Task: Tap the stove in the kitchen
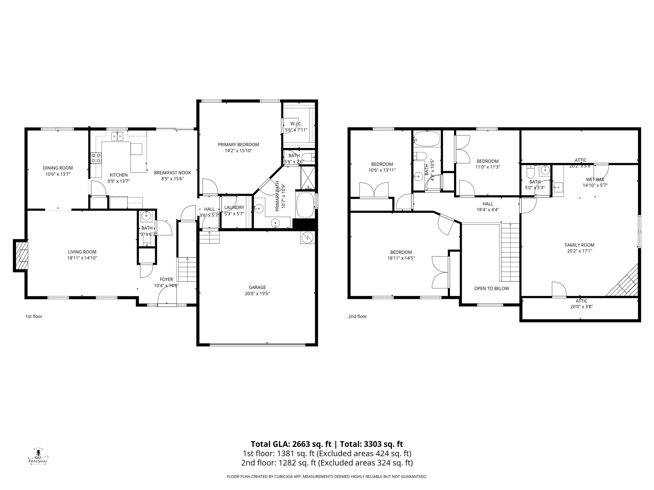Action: coord(96,158)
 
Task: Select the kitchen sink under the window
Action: coord(118,137)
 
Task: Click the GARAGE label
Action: coord(257,287)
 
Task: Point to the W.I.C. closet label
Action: coord(296,124)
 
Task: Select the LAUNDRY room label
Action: coord(234,208)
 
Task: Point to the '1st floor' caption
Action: coord(34,316)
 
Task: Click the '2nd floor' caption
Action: coord(357,316)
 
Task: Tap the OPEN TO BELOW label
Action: coord(491,288)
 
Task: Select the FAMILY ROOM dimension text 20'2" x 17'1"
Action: coord(580,251)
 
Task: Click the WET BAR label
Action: coord(595,180)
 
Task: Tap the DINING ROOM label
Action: coord(58,168)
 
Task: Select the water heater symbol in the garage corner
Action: coord(308,238)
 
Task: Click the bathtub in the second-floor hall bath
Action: coord(427,139)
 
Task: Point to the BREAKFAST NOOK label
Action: coord(172,173)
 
